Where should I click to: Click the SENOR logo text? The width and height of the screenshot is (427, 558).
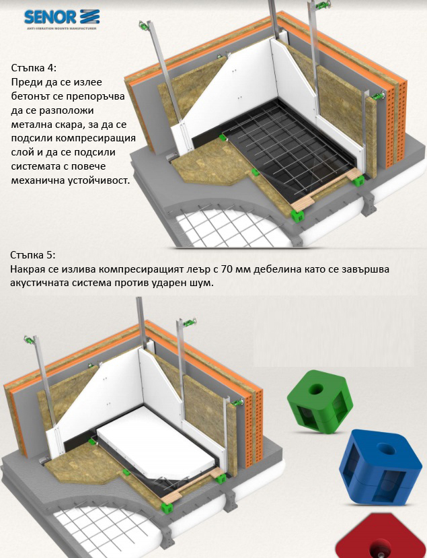coord(50,17)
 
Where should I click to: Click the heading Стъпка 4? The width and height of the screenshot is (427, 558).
coord(34,67)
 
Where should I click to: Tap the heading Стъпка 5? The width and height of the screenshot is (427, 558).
coord(33,255)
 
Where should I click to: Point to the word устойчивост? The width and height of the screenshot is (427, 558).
coord(98,180)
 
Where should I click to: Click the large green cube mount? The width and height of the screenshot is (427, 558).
coord(320,401)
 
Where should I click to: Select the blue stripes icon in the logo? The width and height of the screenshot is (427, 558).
coord(89,17)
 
